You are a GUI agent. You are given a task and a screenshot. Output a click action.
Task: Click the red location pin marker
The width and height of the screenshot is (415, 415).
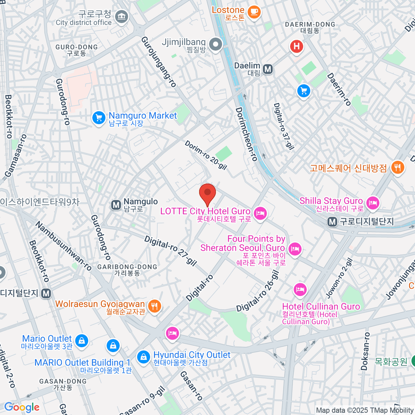point(207,194)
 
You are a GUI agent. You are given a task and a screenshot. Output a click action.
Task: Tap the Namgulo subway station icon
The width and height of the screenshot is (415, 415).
point(116,205)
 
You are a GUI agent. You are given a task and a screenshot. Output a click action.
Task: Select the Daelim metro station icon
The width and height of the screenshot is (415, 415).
point(268,69)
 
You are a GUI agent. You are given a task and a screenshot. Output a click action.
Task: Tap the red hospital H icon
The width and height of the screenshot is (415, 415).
point(296,46)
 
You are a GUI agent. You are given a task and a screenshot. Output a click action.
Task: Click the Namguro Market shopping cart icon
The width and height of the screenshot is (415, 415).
point(99,118)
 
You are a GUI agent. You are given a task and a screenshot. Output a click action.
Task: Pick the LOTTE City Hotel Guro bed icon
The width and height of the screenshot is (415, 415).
point(260,213)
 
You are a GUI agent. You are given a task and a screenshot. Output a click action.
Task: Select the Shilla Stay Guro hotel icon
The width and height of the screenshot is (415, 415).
point(372,203)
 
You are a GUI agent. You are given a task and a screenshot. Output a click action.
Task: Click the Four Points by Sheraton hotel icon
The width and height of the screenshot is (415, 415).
point(295,249)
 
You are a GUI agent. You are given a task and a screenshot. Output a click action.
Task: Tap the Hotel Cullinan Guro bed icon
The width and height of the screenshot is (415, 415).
point(300,290)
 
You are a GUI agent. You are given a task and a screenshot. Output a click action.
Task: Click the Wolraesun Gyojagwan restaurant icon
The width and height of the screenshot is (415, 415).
point(154,306)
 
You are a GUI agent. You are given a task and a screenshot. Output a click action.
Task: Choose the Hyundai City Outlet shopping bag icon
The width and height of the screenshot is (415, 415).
point(143,357)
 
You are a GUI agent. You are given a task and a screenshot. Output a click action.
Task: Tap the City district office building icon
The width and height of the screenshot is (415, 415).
point(121,17)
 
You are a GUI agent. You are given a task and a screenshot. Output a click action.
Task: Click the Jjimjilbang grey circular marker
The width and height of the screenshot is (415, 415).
point(216,45)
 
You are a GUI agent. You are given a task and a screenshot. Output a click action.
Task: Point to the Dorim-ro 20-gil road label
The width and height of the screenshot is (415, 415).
point(205,155)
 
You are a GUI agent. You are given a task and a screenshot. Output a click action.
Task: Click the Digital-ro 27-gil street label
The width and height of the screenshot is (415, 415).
point(170,250)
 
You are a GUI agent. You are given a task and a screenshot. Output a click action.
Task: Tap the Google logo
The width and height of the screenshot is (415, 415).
point(22,407)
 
